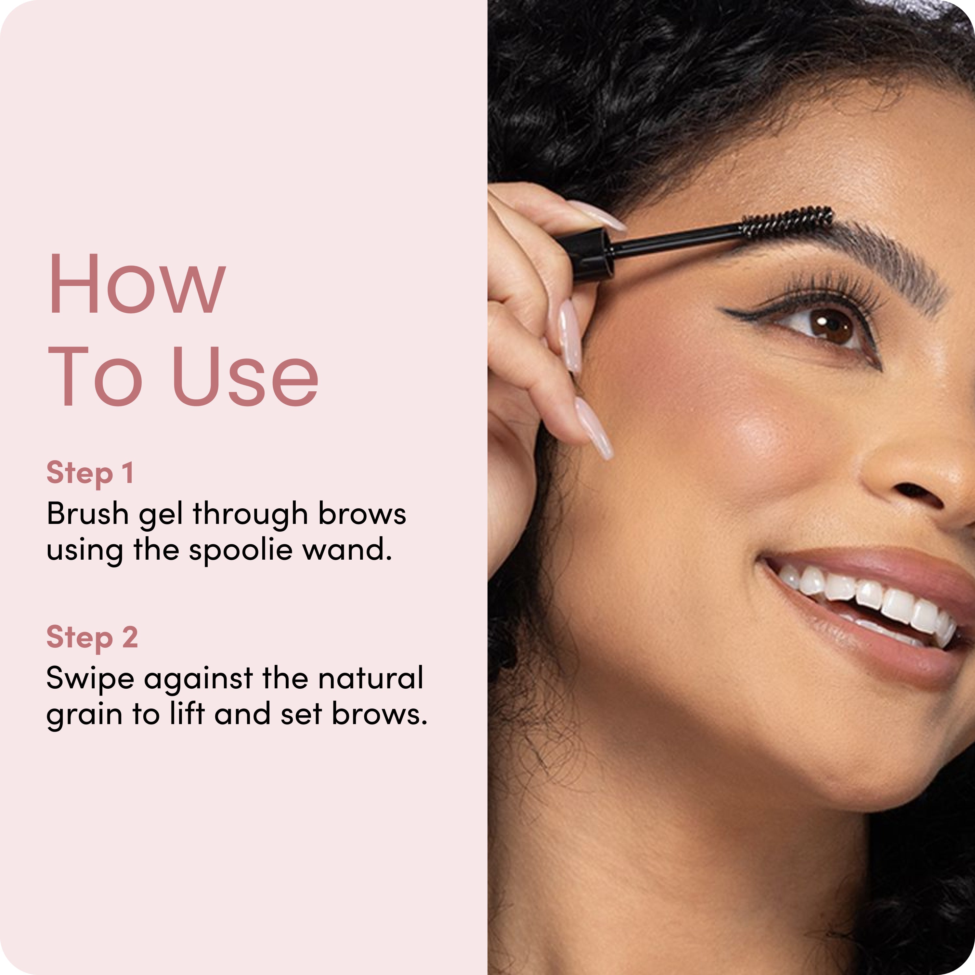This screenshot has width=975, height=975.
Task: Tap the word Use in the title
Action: click(245, 376)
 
